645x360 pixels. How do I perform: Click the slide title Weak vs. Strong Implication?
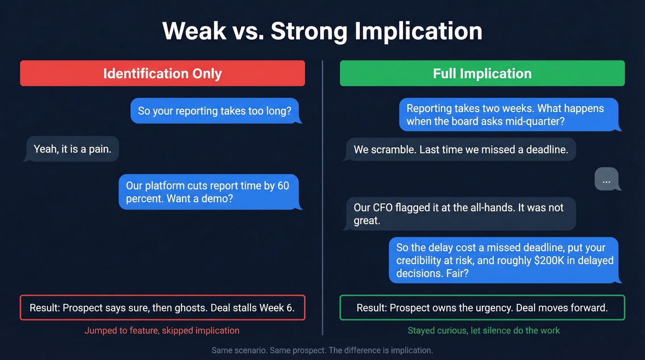322,31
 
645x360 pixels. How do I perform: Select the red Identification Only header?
162,73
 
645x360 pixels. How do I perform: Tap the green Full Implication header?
482,73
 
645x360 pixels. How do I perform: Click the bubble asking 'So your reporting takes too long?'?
215,111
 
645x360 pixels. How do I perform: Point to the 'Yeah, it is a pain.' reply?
72,149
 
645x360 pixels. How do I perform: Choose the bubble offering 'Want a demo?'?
208,192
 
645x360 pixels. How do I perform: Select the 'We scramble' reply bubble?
460,149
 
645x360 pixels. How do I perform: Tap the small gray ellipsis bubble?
606,179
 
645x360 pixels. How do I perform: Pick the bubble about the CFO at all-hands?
460,214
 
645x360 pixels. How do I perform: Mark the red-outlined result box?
162,307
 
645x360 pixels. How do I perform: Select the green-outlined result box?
482,307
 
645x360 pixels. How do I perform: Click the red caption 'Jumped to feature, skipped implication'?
162,330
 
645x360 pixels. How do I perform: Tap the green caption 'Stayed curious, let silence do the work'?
483,330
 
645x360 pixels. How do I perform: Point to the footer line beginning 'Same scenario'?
322,350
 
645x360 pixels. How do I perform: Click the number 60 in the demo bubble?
283,186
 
